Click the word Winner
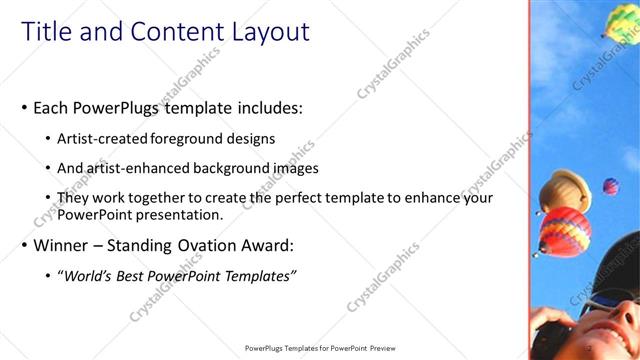(60, 245)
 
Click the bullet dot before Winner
(24, 245)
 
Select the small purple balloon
(609, 186)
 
